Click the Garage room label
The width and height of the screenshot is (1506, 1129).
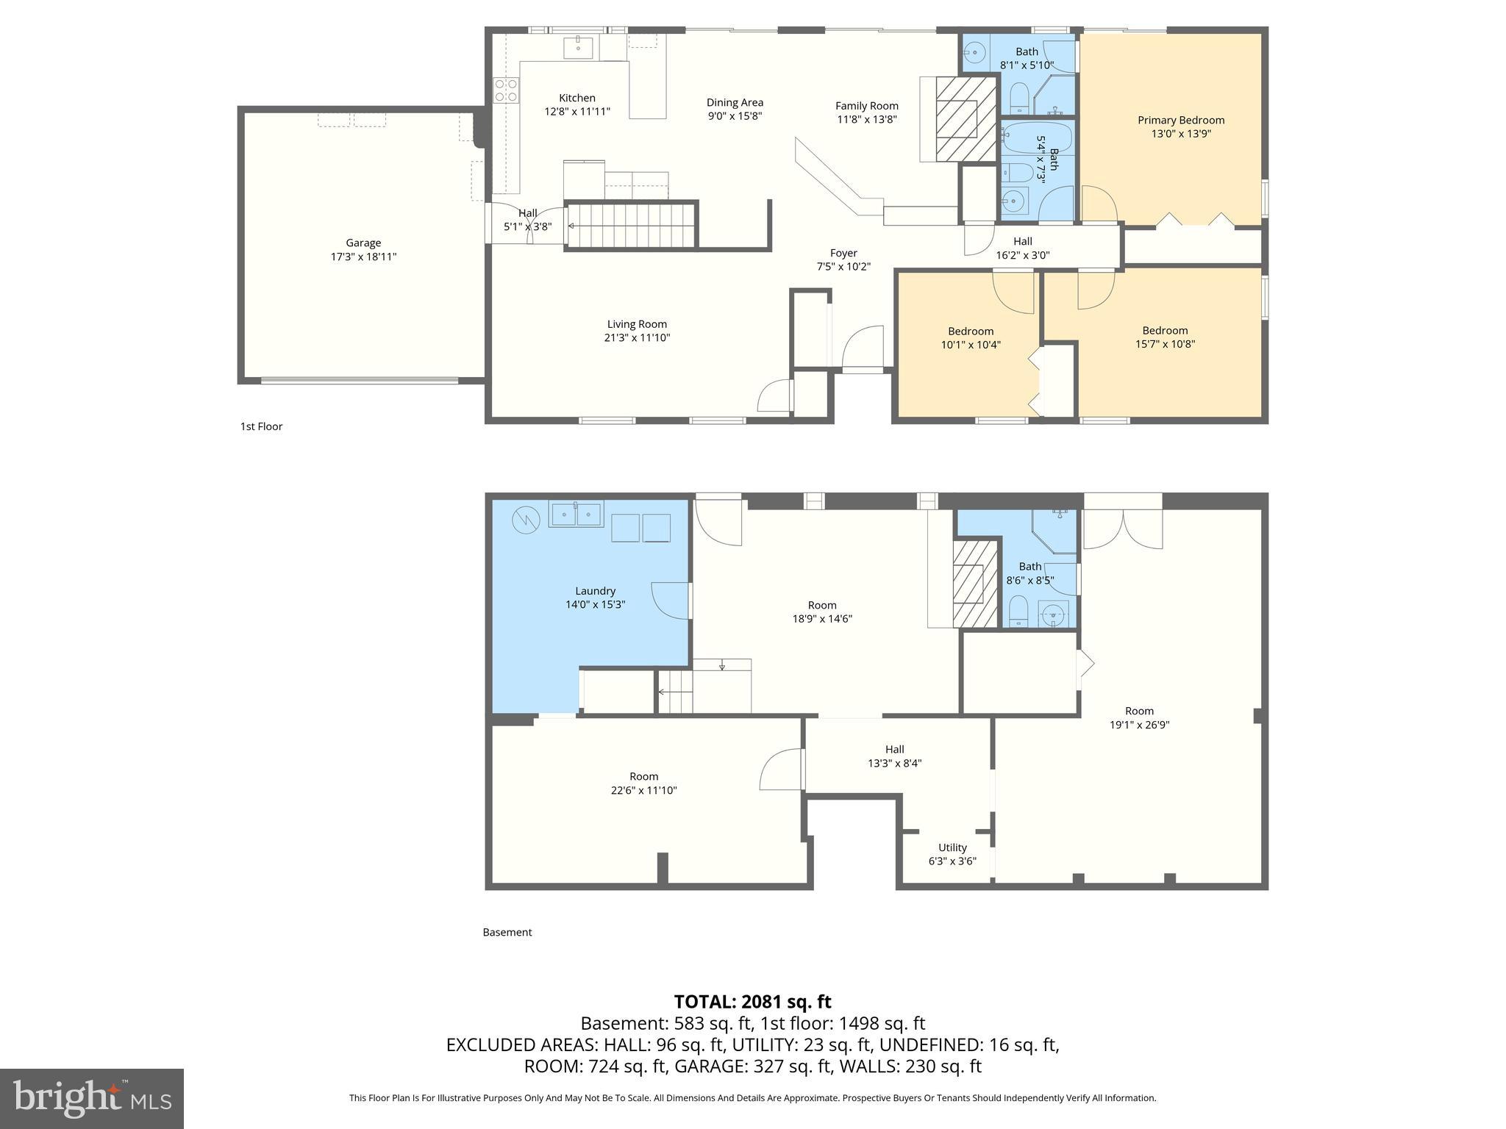363,243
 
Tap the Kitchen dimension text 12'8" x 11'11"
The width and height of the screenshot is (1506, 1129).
577,112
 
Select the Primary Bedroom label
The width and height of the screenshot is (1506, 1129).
1180,120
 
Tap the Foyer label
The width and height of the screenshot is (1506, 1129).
843,253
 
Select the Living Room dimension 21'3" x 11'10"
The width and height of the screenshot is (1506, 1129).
637,338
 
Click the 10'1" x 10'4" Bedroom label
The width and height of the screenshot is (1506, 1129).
971,331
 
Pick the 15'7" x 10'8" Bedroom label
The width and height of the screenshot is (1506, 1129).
1165,331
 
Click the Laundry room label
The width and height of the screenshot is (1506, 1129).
595,591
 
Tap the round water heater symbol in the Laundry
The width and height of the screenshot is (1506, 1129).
526,520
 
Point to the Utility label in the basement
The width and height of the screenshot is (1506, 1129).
952,847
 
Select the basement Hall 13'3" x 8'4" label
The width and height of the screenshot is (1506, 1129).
894,749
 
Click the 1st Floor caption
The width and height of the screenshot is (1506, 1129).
261,426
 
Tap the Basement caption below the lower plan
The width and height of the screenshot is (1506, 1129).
507,932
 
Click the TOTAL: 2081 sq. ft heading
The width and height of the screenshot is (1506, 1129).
752,1002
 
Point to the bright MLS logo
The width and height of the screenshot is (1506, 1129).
91,1098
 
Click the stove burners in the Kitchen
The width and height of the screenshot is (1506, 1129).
506,90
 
